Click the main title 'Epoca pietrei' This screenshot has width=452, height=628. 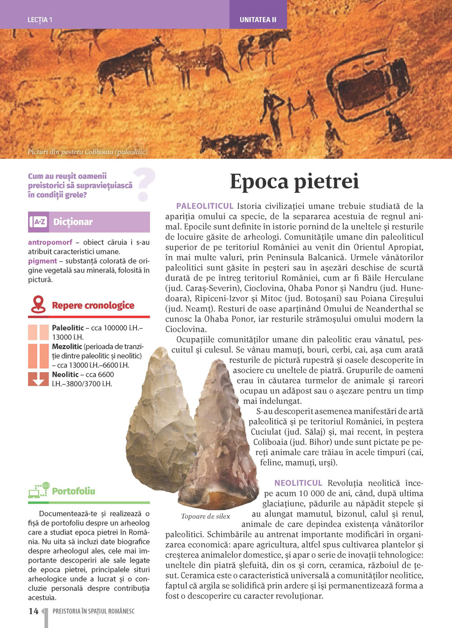tap(294, 182)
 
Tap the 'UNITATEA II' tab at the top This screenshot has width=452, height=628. tap(258, 20)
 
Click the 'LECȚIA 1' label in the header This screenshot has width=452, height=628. tap(40, 20)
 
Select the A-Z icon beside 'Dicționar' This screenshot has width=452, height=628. tap(39, 222)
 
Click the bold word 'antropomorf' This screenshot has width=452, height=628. tap(50, 242)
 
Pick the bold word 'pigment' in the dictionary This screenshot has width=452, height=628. tap(42, 261)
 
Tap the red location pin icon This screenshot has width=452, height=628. tap(38, 305)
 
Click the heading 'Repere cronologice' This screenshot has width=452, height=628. tap(93, 305)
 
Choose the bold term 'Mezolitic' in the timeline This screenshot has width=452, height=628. tap(67, 347)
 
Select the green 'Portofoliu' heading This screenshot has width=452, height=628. tap(73, 491)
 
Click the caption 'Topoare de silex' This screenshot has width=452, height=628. tap(205, 516)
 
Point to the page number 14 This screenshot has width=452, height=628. tap(33, 611)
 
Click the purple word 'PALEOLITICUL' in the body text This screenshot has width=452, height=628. tap(205, 206)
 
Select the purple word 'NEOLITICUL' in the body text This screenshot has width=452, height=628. tap(298, 483)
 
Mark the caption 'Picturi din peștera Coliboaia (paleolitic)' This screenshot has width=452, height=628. tap(87, 152)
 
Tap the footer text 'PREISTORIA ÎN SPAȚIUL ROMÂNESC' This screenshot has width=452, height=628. tap(94, 611)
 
